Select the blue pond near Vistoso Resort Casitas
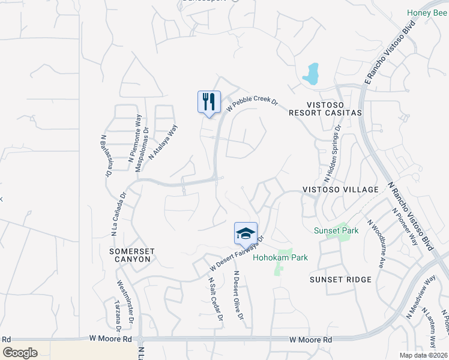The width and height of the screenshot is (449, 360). pos(311,74)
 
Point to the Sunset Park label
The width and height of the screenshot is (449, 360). pos(337,230)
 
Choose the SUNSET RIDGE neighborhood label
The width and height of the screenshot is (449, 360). pos(340,280)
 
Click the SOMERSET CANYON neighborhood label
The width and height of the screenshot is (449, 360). pos(130,255)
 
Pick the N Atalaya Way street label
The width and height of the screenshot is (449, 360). pos(163,141)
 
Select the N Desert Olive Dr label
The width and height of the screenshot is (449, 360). pos(238,296)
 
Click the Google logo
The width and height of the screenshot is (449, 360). pos(20,352)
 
